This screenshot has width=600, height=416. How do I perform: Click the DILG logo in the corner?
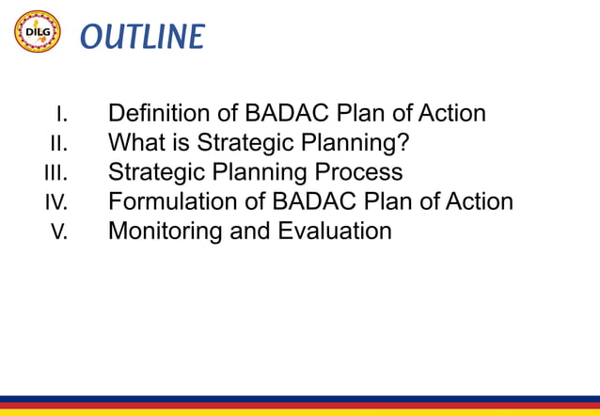tap(38, 33)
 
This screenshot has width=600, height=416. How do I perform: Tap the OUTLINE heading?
tap(141, 36)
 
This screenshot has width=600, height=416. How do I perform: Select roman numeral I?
tap(61, 115)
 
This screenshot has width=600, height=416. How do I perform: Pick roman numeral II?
tap(58, 144)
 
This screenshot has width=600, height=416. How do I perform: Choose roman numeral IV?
tap(56, 202)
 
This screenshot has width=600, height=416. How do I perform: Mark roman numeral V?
tap(59, 232)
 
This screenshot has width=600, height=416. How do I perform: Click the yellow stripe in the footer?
tap(300, 411)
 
